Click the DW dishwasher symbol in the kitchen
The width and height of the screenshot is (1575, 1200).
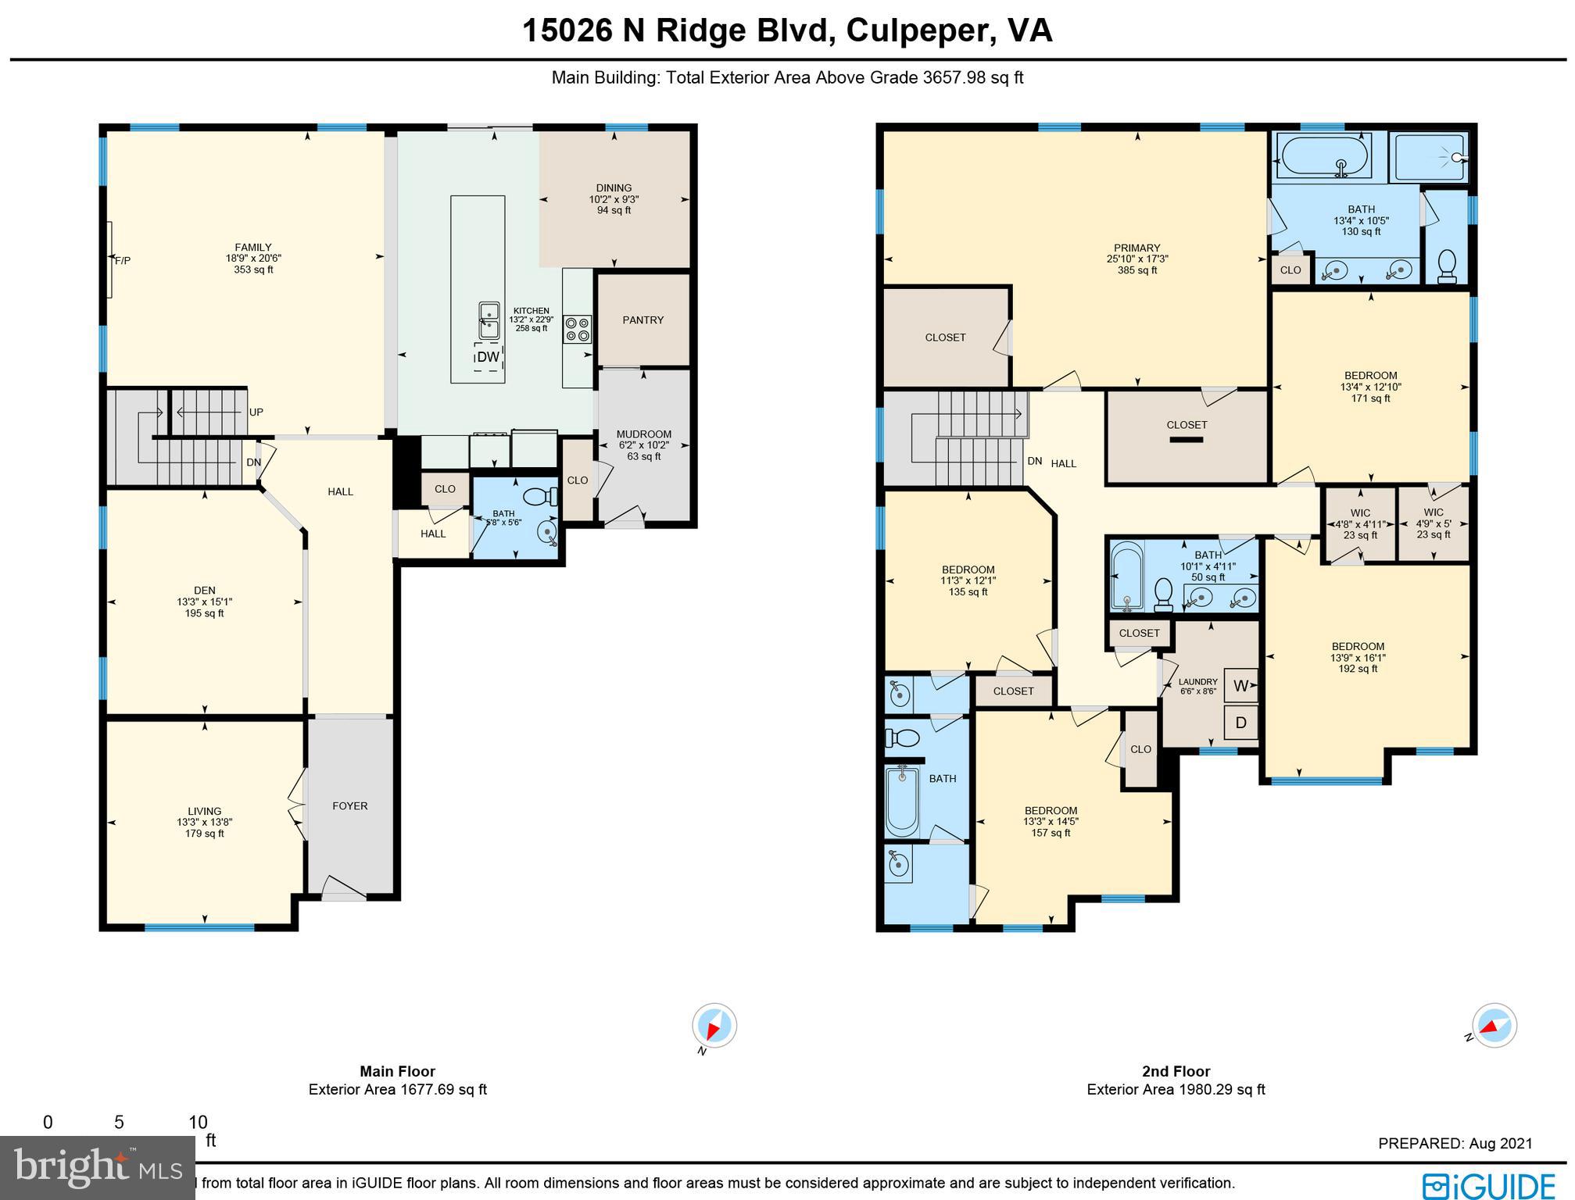(488, 357)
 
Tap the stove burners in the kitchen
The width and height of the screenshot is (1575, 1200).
(578, 329)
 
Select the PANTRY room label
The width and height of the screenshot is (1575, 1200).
(643, 320)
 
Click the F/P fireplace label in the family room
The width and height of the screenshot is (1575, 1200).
(123, 260)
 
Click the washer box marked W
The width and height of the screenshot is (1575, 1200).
(1240, 686)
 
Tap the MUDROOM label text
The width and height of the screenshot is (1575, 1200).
(643, 434)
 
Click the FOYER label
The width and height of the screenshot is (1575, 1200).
(349, 805)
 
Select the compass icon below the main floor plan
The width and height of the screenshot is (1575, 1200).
(714, 1025)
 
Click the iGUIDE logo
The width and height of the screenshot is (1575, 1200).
(1489, 1185)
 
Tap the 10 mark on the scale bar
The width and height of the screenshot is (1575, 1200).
(198, 1123)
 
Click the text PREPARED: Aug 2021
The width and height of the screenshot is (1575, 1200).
(1455, 1144)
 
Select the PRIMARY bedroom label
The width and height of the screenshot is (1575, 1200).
(1137, 248)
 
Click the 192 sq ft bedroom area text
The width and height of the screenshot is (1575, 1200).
(1358, 669)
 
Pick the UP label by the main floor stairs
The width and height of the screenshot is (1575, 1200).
(256, 412)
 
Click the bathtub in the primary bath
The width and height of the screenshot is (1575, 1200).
(1323, 155)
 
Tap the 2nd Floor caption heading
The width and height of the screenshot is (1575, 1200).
(1175, 1072)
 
